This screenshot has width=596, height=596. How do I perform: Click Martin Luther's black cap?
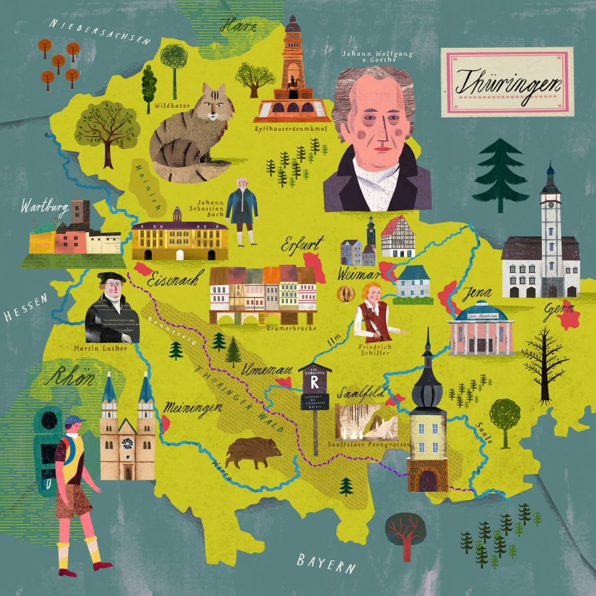click(112, 278)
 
